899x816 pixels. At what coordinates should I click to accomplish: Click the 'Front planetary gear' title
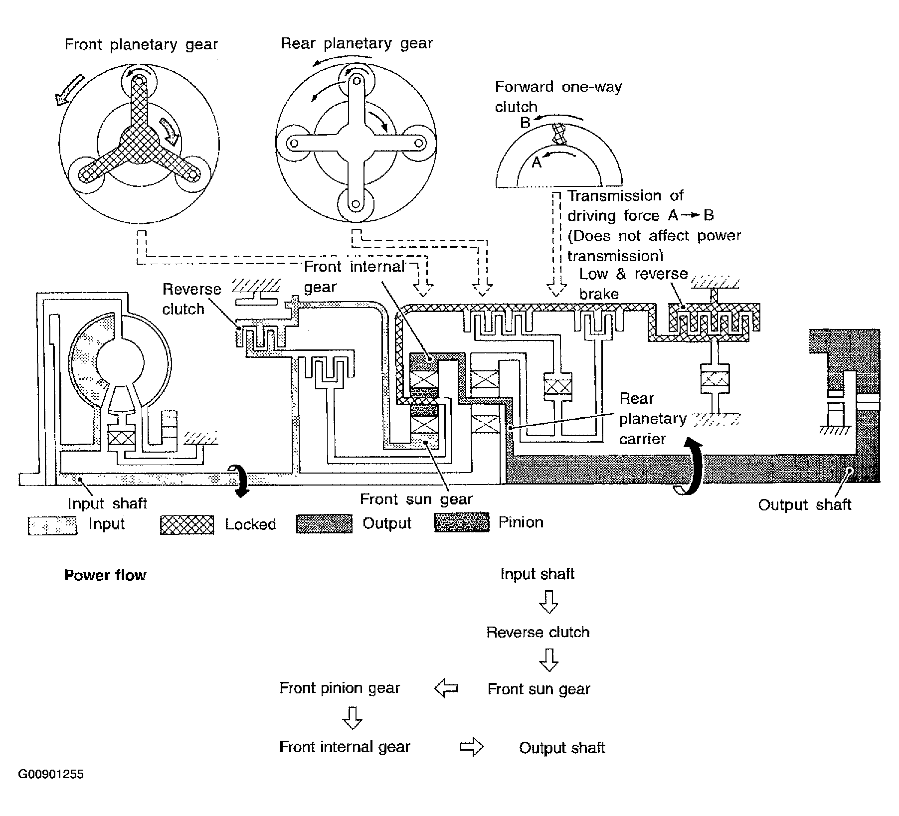pyautogui.click(x=141, y=45)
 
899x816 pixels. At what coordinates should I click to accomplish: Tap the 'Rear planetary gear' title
pyautogui.click(x=357, y=44)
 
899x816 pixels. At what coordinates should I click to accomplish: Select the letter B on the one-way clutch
pyautogui.click(x=525, y=122)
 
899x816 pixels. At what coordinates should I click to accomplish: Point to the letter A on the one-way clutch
pyautogui.click(x=537, y=162)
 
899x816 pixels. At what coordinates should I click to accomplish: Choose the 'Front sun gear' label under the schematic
pyautogui.click(x=416, y=499)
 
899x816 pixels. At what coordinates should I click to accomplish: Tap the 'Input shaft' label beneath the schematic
pyautogui.click(x=107, y=503)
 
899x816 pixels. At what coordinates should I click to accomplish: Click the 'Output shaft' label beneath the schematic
pyautogui.click(x=805, y=505)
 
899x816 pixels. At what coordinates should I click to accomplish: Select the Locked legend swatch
pyautogui.click(x=187, y=525)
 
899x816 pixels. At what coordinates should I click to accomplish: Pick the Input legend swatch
pyautogui.click(x=52, y=525)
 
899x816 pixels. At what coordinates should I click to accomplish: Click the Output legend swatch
pyautogui.click(x=324, y=524)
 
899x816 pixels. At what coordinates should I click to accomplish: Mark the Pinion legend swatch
pyautogui.click(x=462, y=522)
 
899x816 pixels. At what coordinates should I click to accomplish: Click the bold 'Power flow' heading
pyautogui.click(x=105, y=575)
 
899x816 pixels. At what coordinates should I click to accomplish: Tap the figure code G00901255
pyautogui.click(x=51, y=774)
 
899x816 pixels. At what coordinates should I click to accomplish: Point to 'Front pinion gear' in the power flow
pyautogui.click(x=340, y=688)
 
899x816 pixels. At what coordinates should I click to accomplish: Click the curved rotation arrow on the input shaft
pyautogui.click(x=240, y=481)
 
